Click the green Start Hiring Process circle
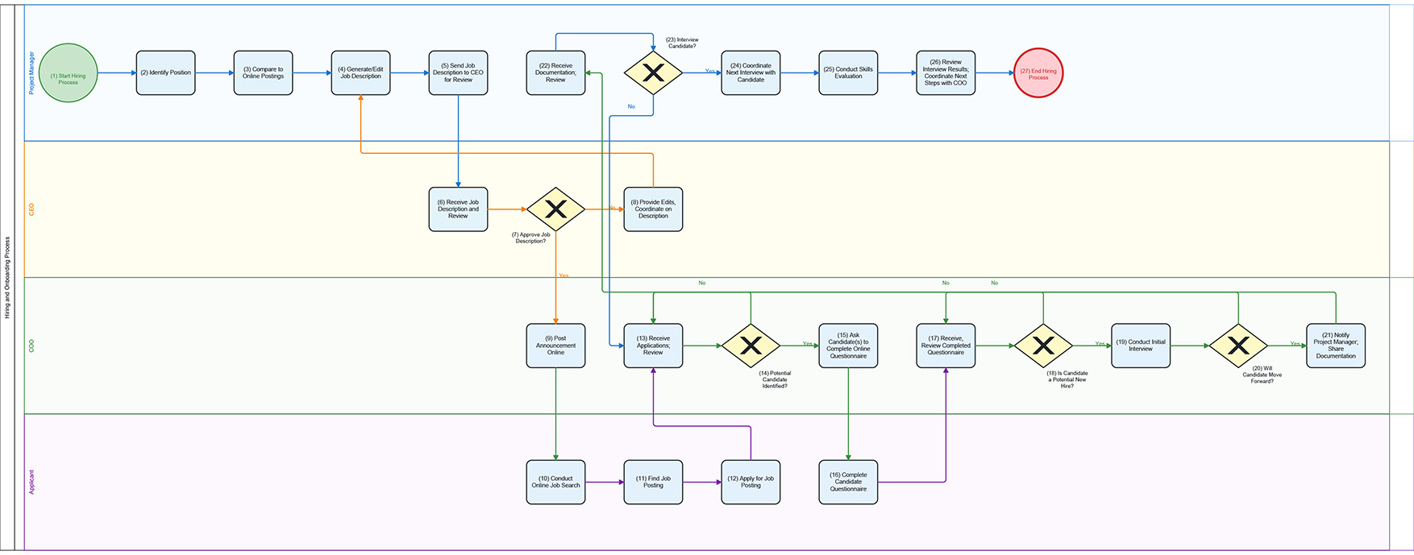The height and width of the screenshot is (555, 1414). [69, 73]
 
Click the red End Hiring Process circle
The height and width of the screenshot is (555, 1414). [1038, 73]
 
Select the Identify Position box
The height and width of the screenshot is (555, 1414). [165, 73]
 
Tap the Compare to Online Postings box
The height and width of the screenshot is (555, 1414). [263, 73]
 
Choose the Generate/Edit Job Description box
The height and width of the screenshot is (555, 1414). [360, 73]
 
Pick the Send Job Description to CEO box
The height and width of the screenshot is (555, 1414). [458, 73]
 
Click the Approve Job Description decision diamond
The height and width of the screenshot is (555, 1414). [555, 209]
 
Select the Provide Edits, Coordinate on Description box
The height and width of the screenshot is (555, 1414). [653, 209]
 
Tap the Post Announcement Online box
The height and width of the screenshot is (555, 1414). [555, 346]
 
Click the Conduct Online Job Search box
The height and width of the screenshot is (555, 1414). [555, 483]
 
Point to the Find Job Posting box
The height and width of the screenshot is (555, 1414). [653, 483]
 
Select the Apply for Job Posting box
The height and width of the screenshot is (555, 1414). [751, 483]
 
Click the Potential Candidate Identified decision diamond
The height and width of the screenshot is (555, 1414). [751, 346]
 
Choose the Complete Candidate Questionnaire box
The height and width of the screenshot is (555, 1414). [848, 483]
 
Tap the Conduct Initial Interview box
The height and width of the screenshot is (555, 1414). [1141, 346]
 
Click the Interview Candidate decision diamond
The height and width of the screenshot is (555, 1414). [653, 73]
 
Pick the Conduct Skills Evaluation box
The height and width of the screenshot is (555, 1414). [848, 73]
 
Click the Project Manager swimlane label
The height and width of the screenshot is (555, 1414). [32, 73]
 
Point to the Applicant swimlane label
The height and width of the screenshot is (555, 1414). [32, 482]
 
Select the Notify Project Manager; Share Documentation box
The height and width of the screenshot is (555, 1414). [1336, 346]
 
